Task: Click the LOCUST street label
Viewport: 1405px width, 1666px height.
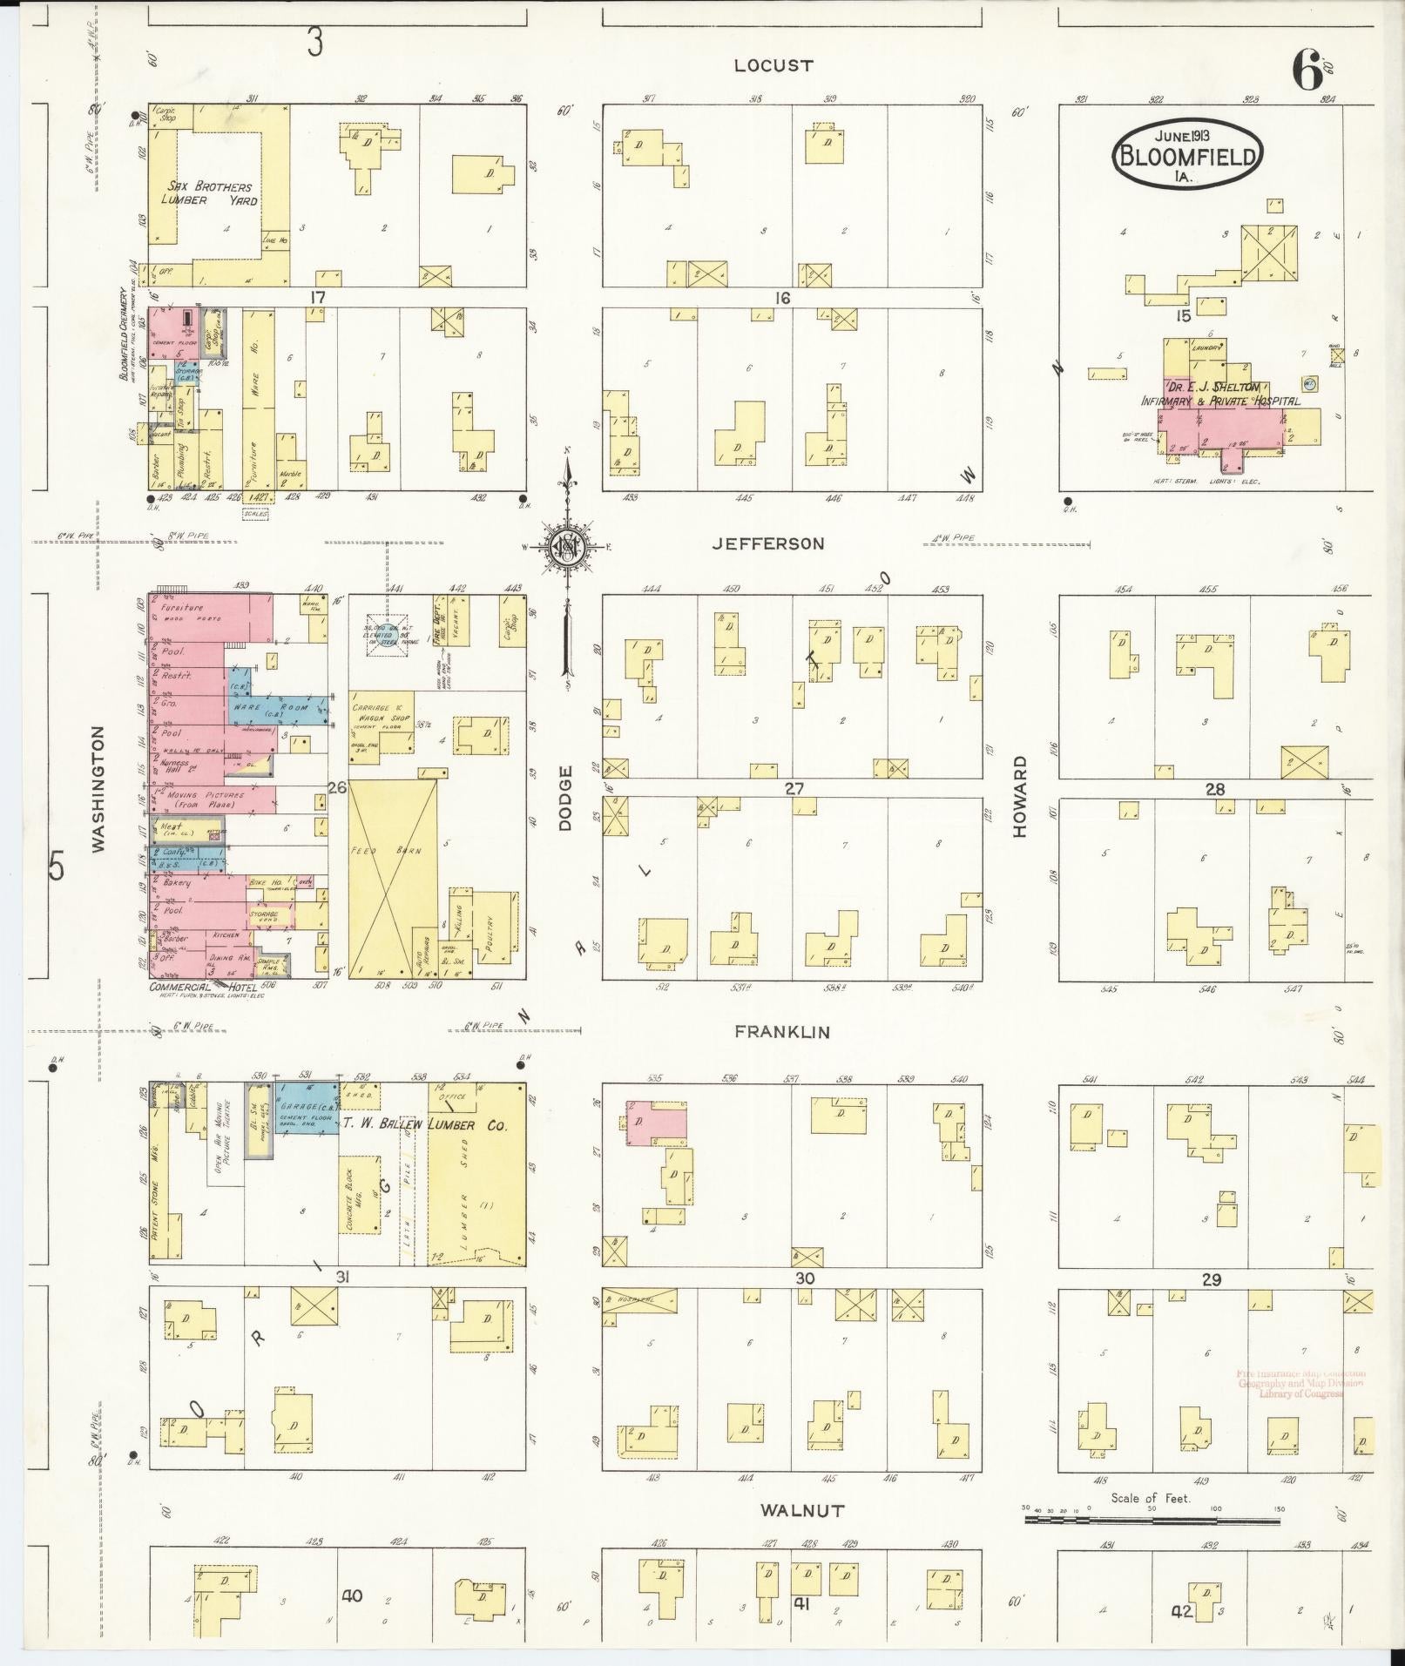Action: pos(773,65)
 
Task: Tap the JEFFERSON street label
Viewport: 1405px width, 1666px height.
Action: pos(767,543)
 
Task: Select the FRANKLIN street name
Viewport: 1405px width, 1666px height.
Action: pos(781,1032)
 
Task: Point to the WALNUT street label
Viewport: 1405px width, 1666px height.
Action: pos(801,1511)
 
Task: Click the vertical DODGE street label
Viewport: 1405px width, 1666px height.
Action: pos(564,798)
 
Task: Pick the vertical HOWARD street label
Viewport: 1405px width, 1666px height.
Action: pos(1020,797)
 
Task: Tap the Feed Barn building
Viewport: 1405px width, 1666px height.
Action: pos(393,878)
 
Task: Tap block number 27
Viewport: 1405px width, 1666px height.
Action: pos(794,789)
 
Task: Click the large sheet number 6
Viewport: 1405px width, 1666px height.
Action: pos(1307,70)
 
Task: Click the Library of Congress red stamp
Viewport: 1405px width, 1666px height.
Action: pos(1300,1384)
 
